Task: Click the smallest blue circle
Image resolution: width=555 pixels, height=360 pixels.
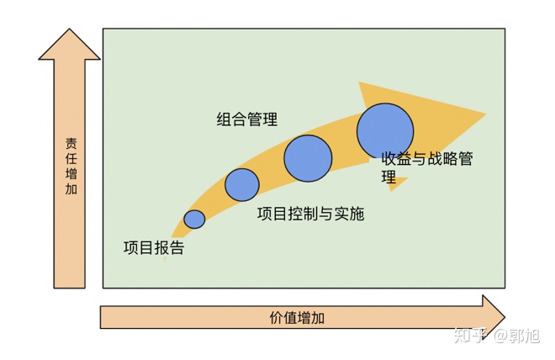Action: [194, 219]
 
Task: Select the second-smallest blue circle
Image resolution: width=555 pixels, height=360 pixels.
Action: [242, 184]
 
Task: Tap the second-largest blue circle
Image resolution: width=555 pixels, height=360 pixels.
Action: [307, 158]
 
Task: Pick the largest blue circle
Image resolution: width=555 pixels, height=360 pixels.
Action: [385, 130]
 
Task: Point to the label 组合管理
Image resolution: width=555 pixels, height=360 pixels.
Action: [246, 119]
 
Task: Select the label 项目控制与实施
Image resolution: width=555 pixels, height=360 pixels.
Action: [310, 214]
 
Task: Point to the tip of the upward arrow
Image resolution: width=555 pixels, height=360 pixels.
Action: [69, 30]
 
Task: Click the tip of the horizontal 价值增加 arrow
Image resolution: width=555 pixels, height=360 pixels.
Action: [504, 317]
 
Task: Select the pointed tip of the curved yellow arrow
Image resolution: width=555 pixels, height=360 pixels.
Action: [485, 114]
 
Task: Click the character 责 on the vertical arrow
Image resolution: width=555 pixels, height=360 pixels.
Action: [71, 143]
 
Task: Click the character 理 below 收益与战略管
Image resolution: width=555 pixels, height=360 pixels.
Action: [388, 177]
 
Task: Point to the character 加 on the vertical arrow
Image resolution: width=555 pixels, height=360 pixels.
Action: [71, 190]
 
